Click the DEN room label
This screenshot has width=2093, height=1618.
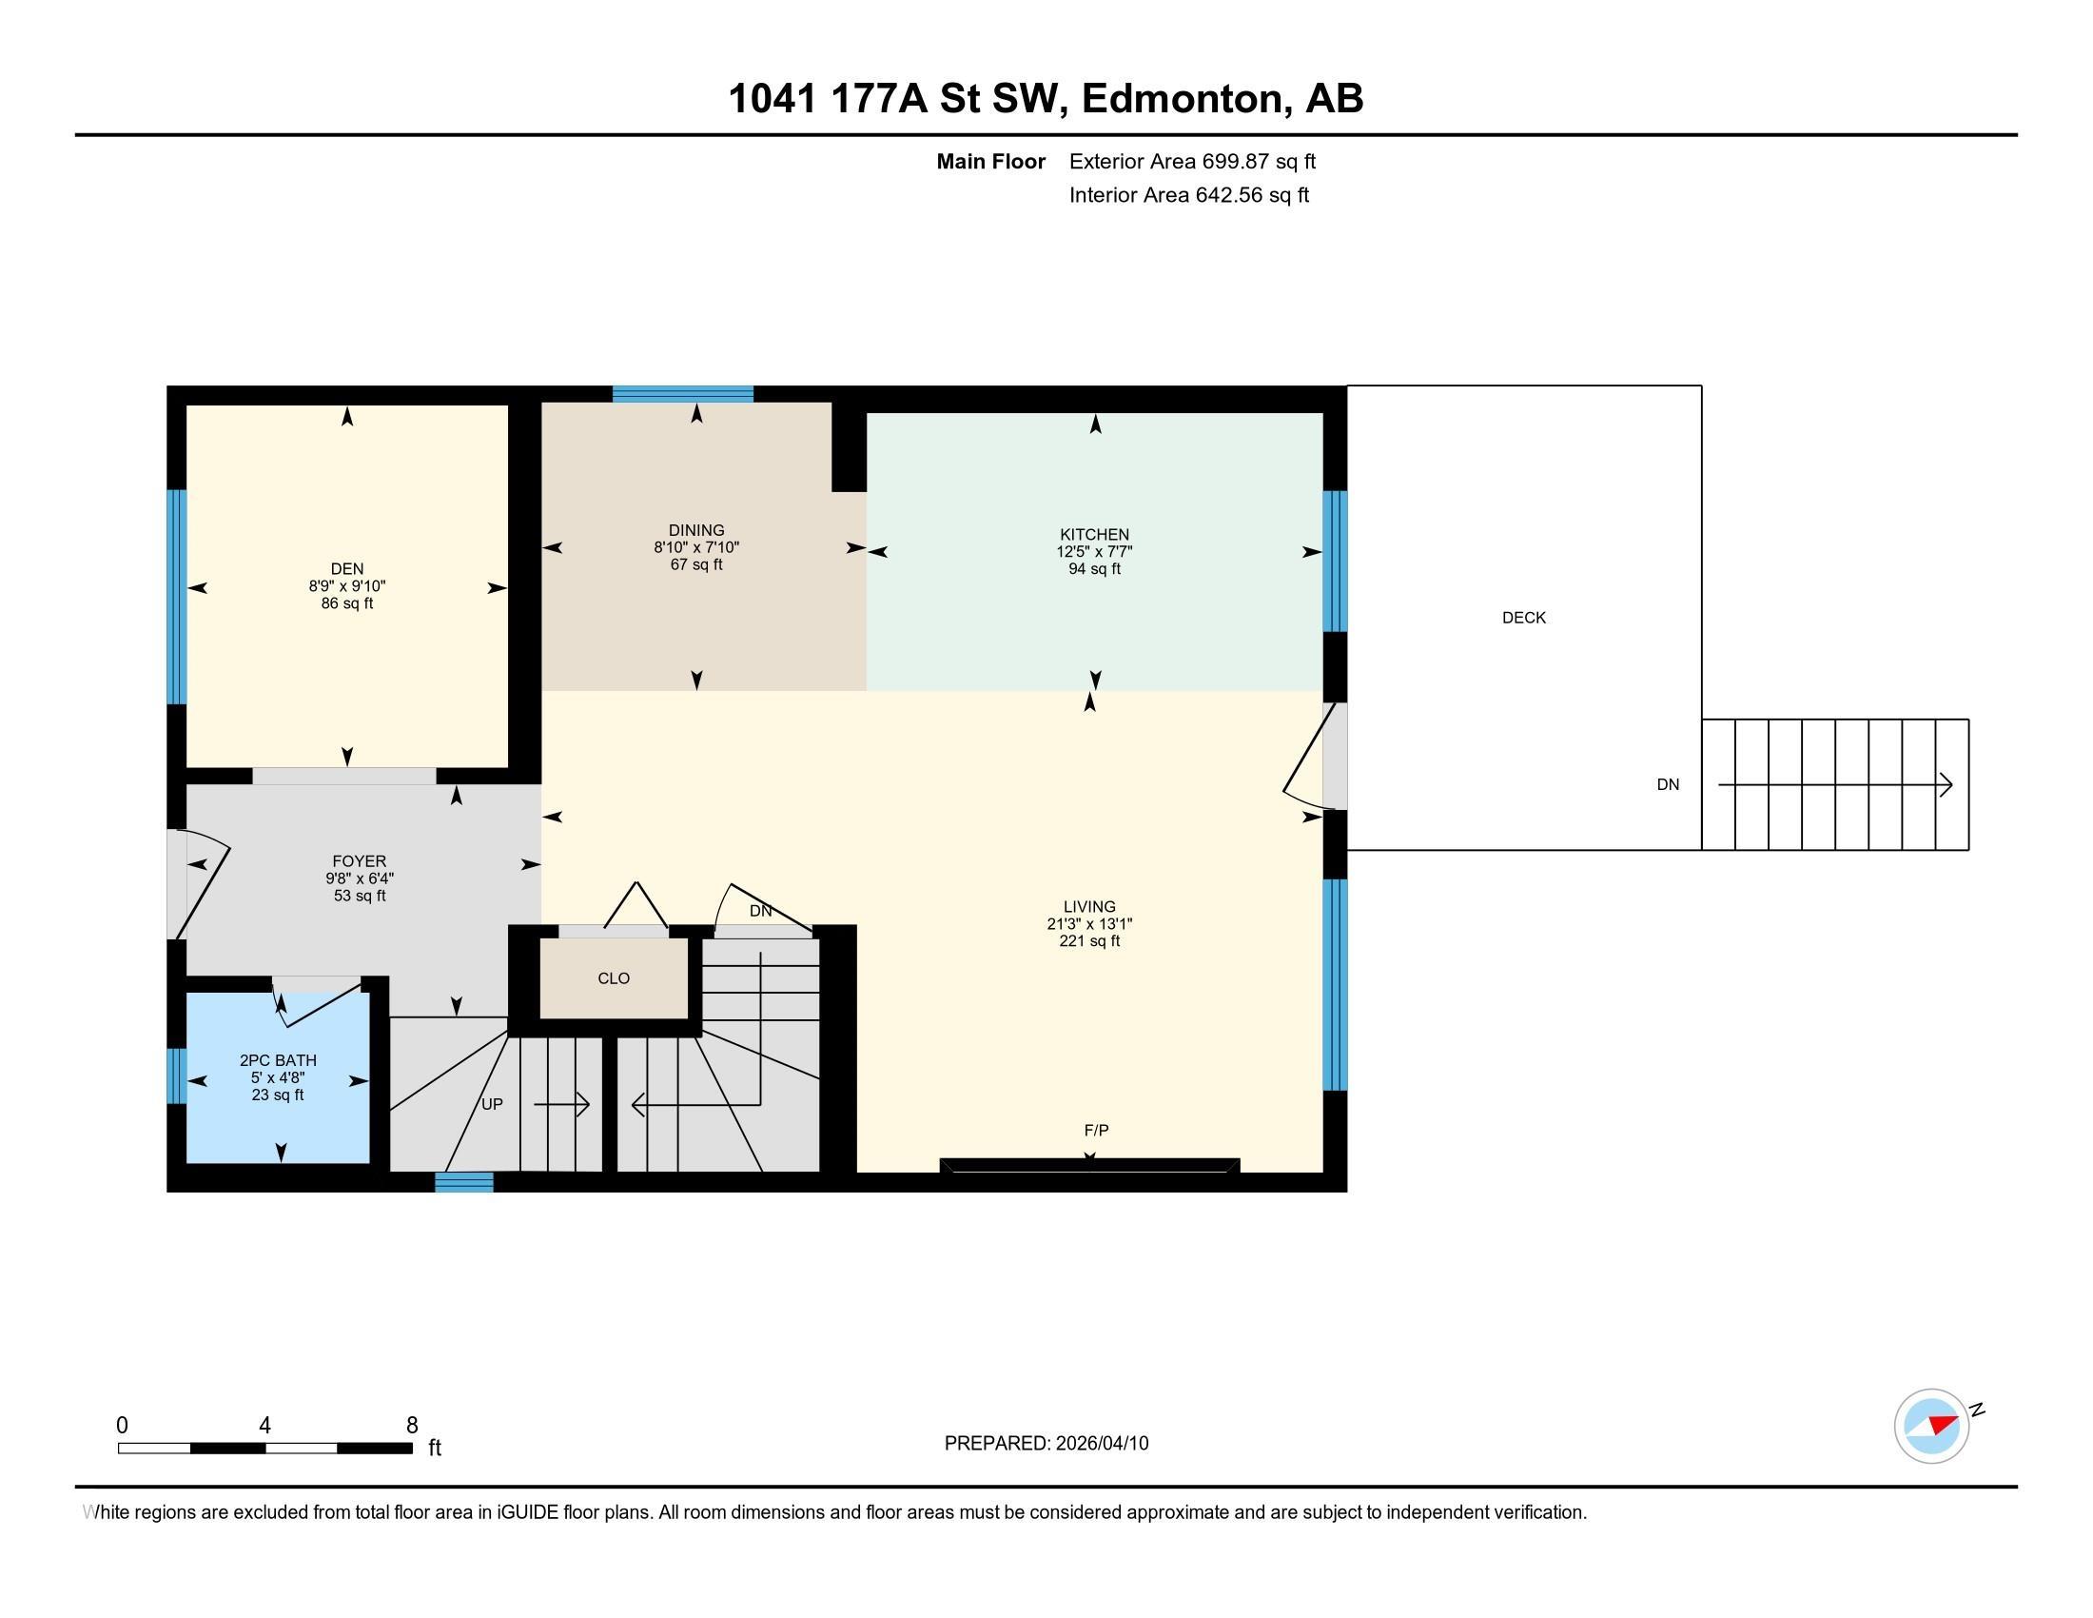(x=347, y=568)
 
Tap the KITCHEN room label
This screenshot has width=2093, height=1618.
(x=1094, y=534)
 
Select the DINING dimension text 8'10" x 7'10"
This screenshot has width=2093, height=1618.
(x=696, y=547)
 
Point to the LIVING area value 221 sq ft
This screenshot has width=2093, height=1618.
(x=1089, y=941)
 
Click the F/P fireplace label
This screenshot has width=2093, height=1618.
(x=1096, y=1130)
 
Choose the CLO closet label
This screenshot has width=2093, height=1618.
(x=614, y=978)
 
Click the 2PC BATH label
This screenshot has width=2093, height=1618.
(x=278, y=1060)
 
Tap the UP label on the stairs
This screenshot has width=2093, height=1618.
(x=492, y=1104)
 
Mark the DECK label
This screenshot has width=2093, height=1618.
(x=1524, y=618)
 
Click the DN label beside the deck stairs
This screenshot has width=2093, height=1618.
(x=1668, y=784)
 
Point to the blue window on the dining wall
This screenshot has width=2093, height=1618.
(x=682, y=394)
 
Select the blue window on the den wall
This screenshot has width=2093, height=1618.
(x=177, y=597)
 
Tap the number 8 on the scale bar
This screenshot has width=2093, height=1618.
(x=412, y=1426)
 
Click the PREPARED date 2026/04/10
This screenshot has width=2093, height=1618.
(x=1102, y=1444)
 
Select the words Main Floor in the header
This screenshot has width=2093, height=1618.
(x=991, y=161)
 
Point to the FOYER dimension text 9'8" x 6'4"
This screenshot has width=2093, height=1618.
(x=360, y=878)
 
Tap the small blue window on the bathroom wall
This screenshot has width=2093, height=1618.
(x=177, y=1075)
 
